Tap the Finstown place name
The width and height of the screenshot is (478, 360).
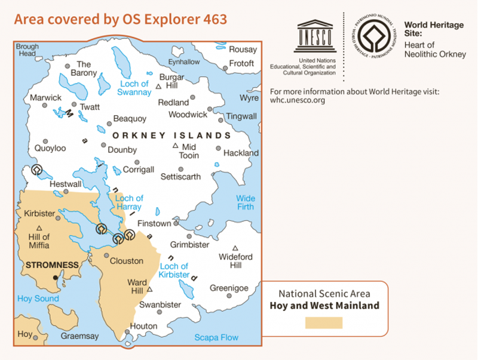pos(154,223)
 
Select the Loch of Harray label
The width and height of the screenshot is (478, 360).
pos(129,202)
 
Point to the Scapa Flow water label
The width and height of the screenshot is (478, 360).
pos(216,337)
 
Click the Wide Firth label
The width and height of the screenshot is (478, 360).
pos(245,202)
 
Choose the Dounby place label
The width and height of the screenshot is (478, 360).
pos(122,150)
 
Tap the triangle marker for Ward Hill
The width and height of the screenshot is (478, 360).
pos(150,290)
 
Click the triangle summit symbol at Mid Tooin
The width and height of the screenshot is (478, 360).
pos(175,146)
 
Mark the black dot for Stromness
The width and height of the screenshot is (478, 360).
pos(56,278)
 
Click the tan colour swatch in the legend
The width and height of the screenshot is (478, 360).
pos(324,323)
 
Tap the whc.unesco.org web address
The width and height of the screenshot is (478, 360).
pos(298,100)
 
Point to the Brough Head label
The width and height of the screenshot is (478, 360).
pos(27,50)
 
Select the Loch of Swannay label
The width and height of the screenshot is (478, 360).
pos(134,88)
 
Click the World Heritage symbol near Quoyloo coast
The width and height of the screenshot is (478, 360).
pos(37,170)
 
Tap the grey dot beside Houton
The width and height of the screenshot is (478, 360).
pos(126,333)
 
